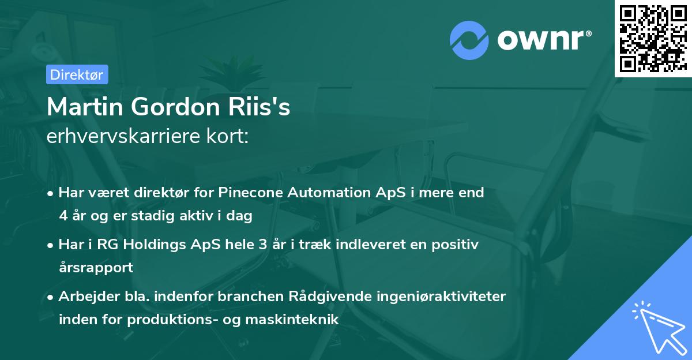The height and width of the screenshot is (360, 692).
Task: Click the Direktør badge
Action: pyautogui.click(x=77, y=74)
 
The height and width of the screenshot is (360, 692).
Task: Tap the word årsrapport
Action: pyautogui.click(x=96, y=267)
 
